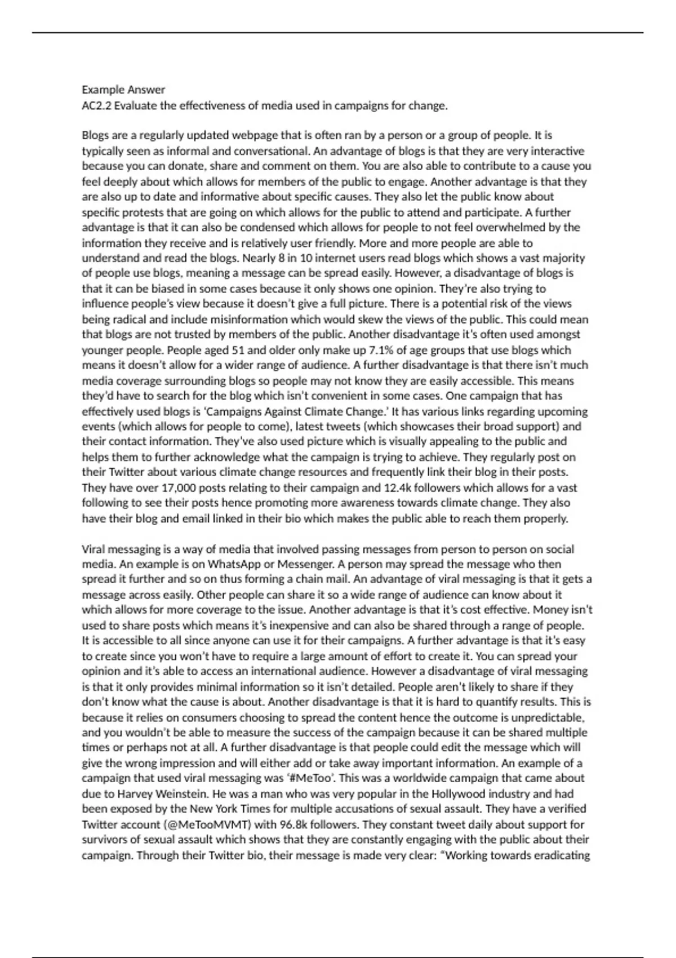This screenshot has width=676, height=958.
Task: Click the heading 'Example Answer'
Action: [123, 90]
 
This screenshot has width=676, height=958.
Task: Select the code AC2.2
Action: [97, 105]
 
